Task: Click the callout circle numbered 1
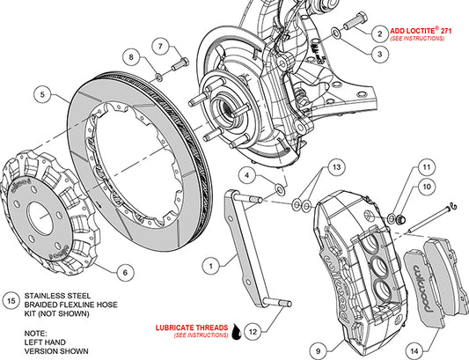click(x=209, y=263)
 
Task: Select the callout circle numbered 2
click(x=379, y=33)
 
